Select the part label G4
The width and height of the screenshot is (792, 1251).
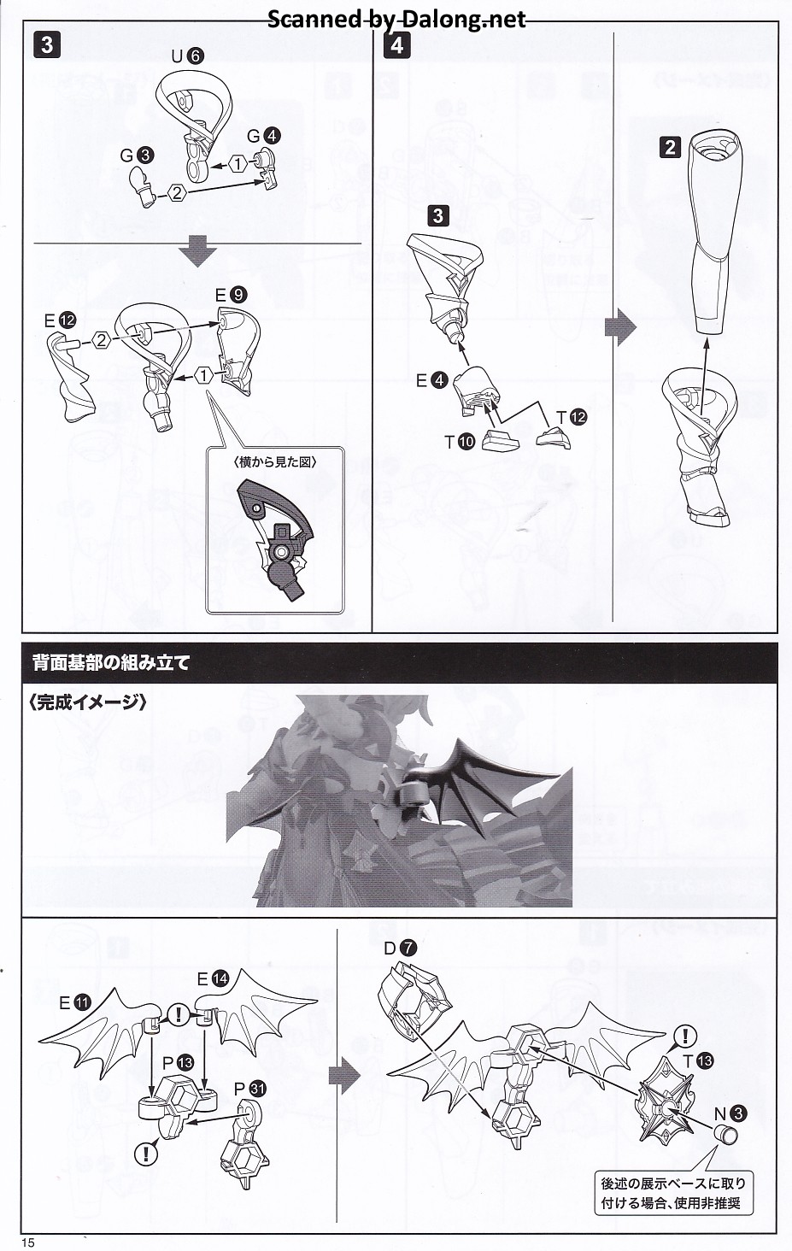[x=264, y=136]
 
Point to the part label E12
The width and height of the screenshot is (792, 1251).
[x=61, y=320]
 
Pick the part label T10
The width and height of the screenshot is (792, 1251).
[x=459, y=443]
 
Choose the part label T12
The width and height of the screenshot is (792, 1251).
[x=572, y=417]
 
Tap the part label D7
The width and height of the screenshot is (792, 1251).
[x=400, y=948]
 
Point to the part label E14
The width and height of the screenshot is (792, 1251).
[x=213, y=978]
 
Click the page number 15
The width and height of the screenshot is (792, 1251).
[x=28, y=1242]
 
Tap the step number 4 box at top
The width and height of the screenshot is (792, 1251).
[x=396, y=44]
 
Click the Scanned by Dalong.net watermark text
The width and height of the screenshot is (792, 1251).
[x=396, y=20]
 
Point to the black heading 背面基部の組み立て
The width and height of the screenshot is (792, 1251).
[x=112, y=662]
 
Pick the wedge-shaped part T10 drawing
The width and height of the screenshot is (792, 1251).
[x=501, y=441]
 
